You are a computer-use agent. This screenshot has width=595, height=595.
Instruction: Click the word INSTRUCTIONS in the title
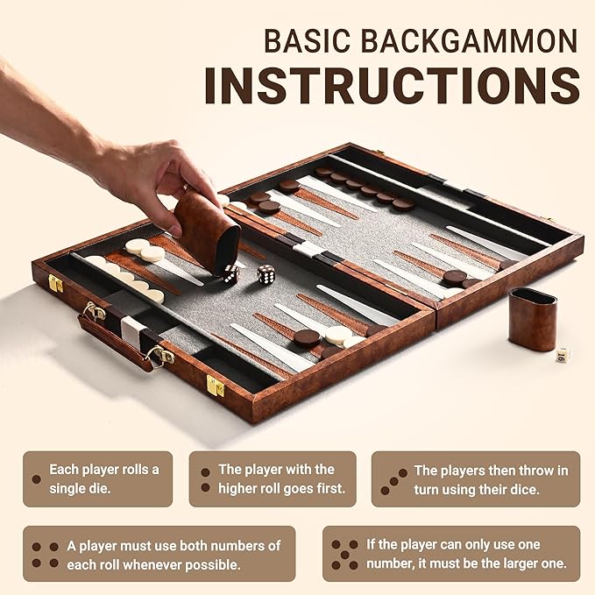click(x=392, y=85)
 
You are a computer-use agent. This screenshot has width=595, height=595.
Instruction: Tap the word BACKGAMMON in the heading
click(x=478, y=40)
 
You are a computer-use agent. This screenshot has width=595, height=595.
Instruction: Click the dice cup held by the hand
click(x=207, y=230)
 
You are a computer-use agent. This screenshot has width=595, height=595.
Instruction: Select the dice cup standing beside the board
click(x=532, y=319)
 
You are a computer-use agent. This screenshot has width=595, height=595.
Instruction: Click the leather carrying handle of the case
click(x=116, y=343)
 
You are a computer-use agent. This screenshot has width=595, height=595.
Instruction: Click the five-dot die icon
click(x=344, y=554)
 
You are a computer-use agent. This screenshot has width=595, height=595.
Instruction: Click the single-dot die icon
click(x=36, y=478)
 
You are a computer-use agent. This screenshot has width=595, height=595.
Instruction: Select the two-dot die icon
click(x=205, y=478)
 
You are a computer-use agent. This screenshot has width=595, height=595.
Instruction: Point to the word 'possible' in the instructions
click(x=215, y=564)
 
